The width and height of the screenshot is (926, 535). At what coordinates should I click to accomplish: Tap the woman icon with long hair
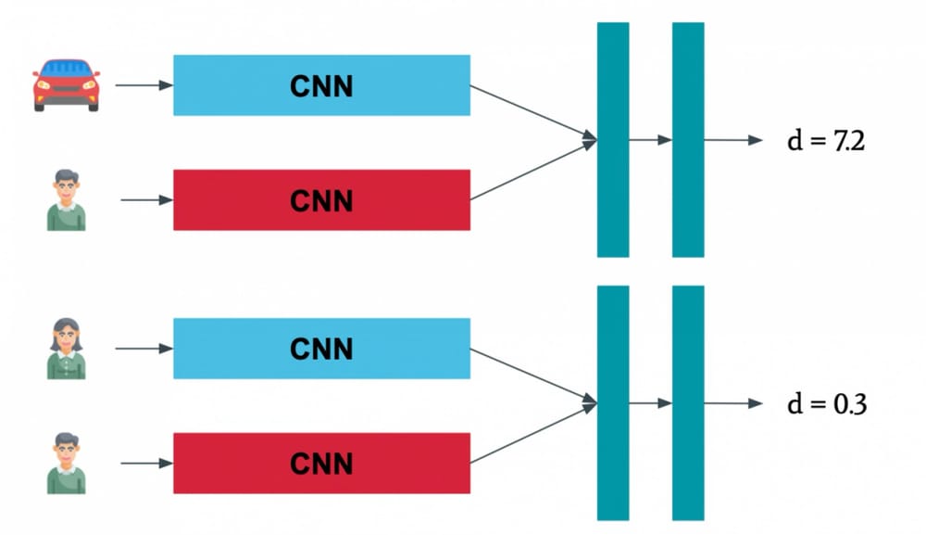pos(67,349)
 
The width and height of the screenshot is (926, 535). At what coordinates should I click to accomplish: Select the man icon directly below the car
pos(67,199)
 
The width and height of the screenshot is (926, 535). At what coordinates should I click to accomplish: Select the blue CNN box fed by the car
pos(321,85)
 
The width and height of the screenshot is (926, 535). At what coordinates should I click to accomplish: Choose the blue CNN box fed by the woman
pos(321,349)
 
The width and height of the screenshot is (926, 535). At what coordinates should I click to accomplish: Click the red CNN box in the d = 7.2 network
pos(321,199)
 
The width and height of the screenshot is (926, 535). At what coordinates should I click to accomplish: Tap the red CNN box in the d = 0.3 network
pos(321,463)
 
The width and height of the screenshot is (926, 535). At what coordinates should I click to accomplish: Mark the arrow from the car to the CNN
pos(144,85)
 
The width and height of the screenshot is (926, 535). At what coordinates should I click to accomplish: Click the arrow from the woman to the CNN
pos(144,349)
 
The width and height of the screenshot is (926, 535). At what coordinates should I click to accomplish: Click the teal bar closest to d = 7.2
pos(688,139)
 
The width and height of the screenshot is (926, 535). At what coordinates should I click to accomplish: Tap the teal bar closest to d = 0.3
pos(688,402)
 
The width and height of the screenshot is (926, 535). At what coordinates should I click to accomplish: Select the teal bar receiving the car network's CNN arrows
pos(613,139)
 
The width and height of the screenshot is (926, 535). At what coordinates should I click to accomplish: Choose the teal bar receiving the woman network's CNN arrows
pos(613,402)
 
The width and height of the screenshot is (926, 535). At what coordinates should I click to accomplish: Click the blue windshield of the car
pos(67,69)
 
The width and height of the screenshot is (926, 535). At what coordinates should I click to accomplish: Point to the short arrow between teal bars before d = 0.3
pos(650,403)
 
